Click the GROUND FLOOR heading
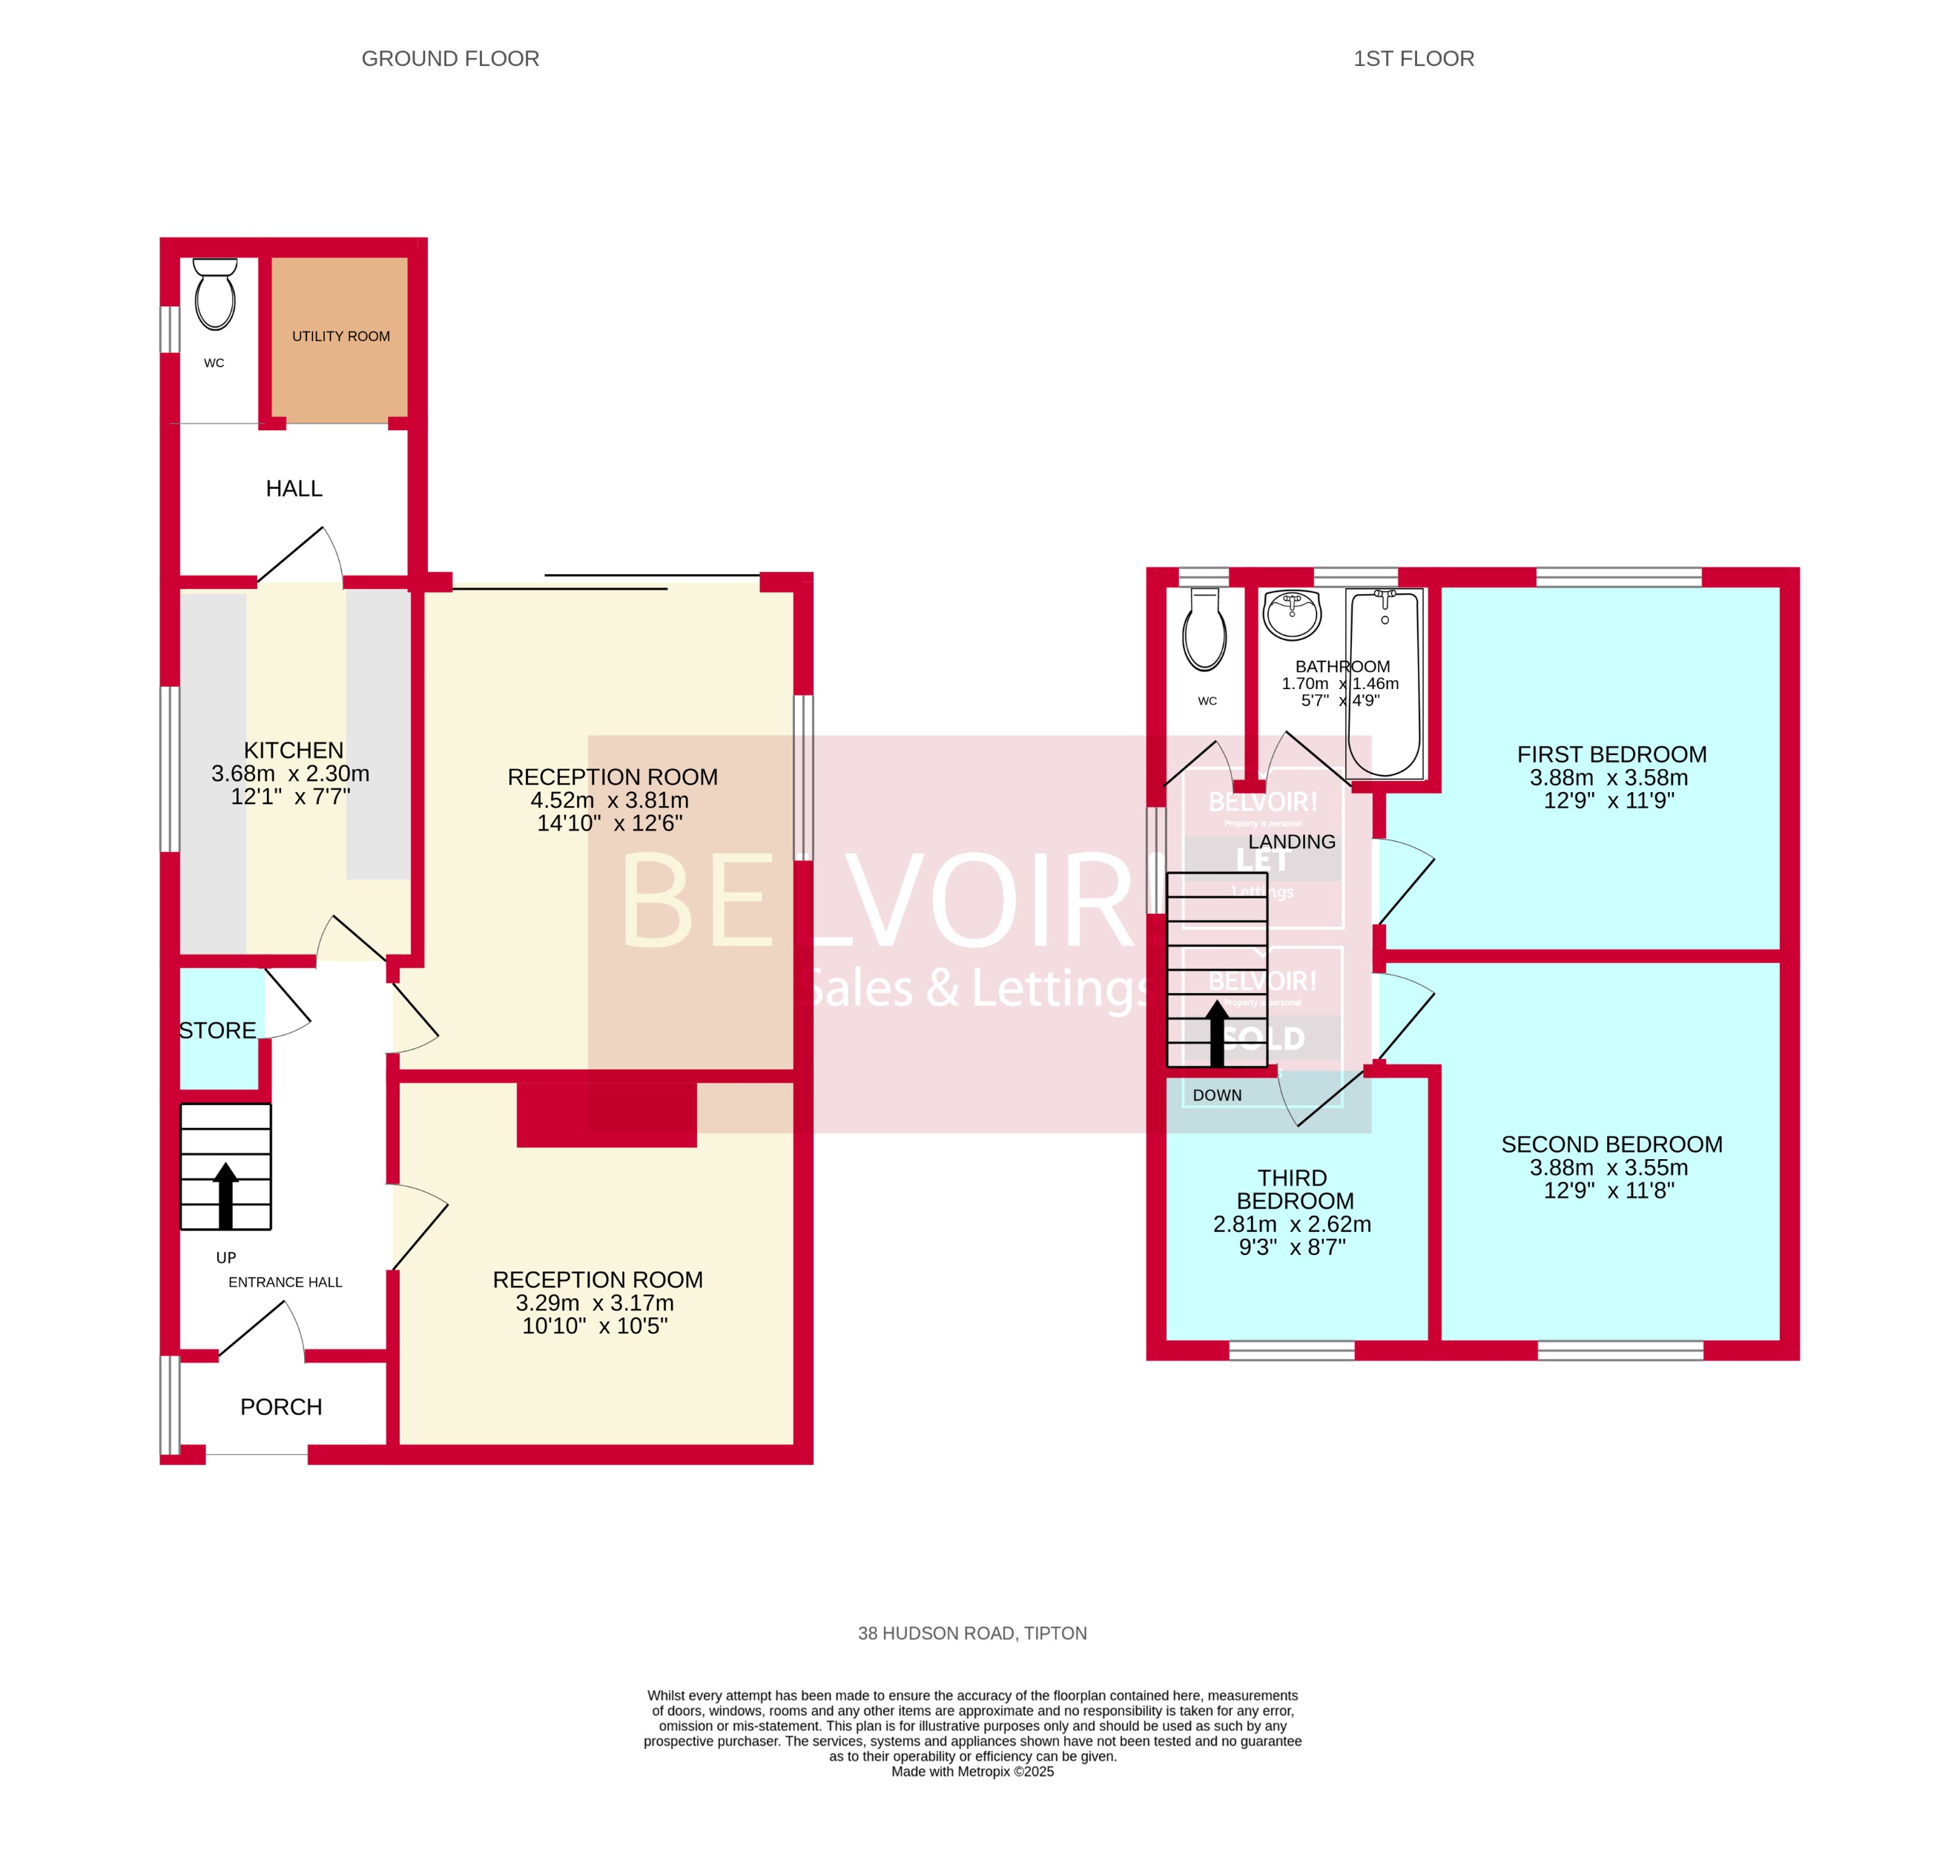[x=450, y=59]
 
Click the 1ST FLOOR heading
[x=1413, y=59]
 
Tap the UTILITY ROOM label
[x=340, y=337]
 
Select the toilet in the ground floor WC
[x=215, y=296]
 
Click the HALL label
[x=294, y=489]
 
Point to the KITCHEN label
[x=294, y=750]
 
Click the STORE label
[x=217, y=1031]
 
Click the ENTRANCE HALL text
[x=285, y=1282]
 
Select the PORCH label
[x=281, y=1407]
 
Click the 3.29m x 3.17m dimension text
[x=595, y=1303]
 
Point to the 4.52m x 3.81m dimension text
[x=610, y=800]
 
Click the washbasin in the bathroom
[x=1292, y=613]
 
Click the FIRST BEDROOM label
[x=1611, y=755]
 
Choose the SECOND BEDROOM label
[x=1611, y=1144]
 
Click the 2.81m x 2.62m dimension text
[x=1292, y=1224]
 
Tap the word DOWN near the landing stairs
[x=1217, y=1095]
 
